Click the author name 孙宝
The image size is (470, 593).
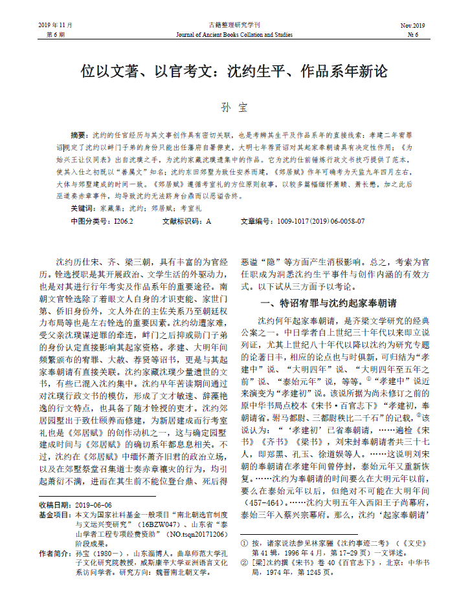click(234, 107)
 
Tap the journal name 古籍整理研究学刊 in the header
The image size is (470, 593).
click(234, 25)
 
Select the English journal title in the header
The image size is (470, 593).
click(234, 34)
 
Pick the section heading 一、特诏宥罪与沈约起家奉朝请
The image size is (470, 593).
click(328, 303)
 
